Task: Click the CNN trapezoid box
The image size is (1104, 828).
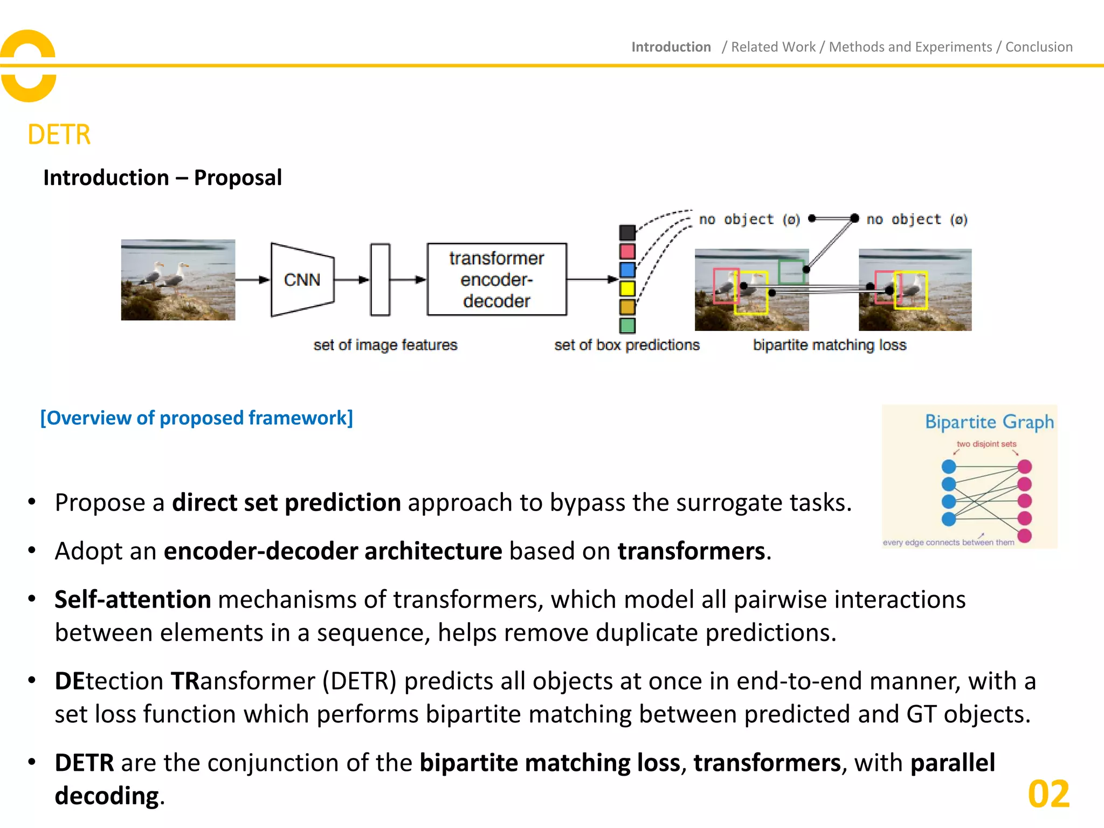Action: (302, 280)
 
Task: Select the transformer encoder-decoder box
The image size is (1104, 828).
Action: (496, 279)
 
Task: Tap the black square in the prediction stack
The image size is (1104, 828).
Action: (627, 232)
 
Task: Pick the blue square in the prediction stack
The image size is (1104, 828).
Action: (627, 270)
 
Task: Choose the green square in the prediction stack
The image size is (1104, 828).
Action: (627, 326)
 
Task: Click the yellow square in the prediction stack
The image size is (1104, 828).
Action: (627, 288)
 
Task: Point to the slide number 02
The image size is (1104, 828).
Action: (1048, 794)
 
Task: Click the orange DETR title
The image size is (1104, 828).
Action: (59, 134)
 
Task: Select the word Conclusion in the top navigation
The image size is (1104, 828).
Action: (1039, 47)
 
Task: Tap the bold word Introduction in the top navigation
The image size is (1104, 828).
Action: (671, 47)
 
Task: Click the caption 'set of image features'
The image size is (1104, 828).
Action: (385, 345)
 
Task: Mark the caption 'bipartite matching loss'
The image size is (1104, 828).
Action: (829, 345)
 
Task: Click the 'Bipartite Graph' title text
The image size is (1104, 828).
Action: (989, 422)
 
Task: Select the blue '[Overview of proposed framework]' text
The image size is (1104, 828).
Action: (197, 418)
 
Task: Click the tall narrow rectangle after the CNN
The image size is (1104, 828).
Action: (380, 280)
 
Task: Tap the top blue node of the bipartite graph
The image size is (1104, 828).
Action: (949, 466)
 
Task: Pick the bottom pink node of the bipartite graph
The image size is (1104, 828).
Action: (1024, 536)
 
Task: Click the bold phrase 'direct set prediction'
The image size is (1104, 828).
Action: (286, 502)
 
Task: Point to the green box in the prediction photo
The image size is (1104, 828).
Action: (791, 272)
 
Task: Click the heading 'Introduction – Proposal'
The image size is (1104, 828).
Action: (162, 177)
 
